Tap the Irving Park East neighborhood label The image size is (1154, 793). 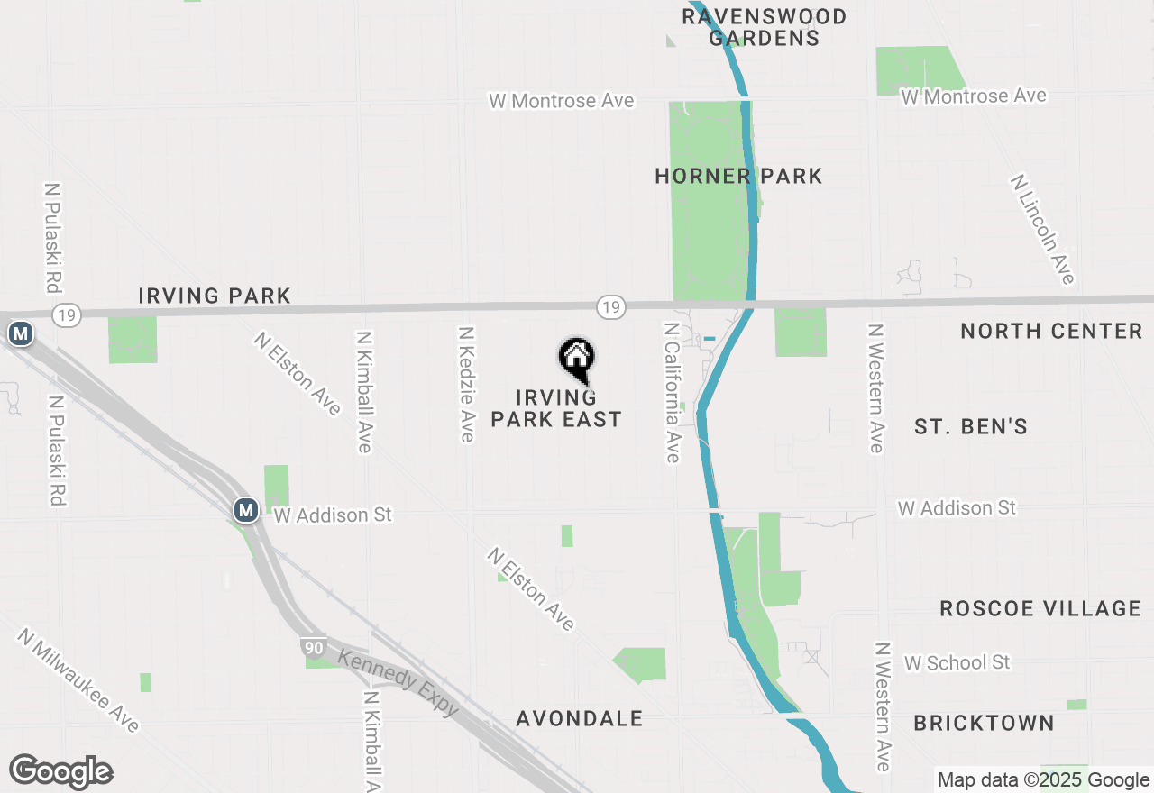556,408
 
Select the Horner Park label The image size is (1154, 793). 738,176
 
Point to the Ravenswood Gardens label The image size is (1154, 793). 764,27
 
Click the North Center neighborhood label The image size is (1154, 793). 1051,332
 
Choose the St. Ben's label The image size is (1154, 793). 971,426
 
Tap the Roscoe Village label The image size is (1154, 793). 1040,608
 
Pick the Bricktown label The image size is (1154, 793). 984,723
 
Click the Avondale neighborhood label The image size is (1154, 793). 580,718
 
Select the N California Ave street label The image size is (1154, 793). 671,392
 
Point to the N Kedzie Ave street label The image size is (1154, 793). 466,385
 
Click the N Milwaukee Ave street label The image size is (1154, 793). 78,680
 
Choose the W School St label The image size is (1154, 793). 957,662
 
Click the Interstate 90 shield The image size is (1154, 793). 313,647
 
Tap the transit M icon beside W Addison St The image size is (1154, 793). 244,510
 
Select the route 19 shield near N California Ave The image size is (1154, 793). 610,307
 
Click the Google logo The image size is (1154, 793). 61,772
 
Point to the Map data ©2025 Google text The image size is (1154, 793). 1043,780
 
